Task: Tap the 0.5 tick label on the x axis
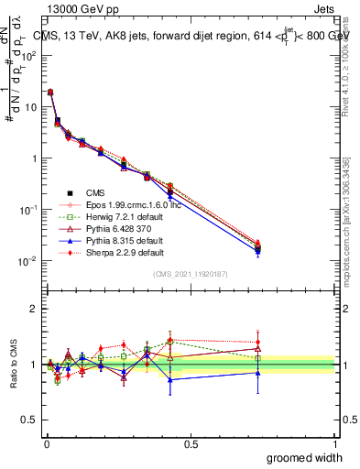(x=191, y=443)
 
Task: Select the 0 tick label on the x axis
(x=46, y=443)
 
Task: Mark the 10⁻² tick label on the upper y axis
(x=27, y=261)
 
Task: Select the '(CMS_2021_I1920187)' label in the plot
(x=191, y=275)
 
